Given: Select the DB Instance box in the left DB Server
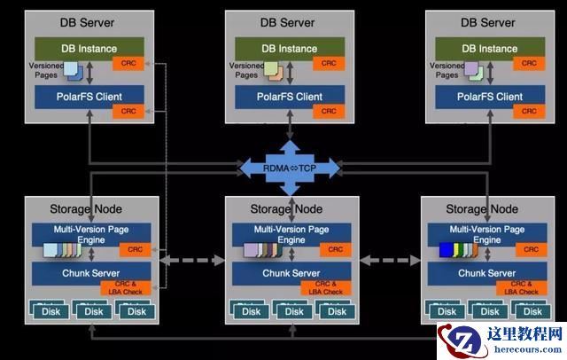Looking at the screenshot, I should pyautogui.click(x=89, y=48).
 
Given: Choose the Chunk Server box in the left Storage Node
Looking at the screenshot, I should pyautogui.click(x=89, y=272).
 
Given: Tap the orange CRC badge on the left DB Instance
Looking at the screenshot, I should pyautogui.click(x=128, y=63).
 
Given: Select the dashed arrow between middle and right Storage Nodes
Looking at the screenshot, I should pyautogui.click(x=389, y=261).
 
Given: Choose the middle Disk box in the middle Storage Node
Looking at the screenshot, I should pyautogui.click(x=291, y=311).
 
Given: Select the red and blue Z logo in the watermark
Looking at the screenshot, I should pyautogui.click(x=457, y=341).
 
